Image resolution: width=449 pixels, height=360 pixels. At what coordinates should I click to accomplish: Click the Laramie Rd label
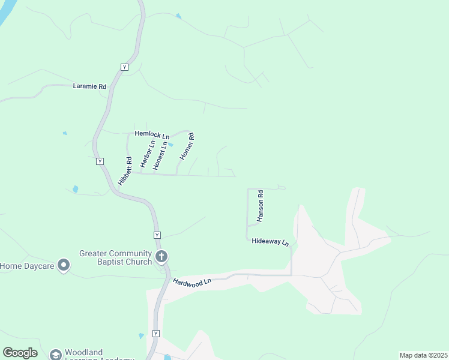coord(89,86)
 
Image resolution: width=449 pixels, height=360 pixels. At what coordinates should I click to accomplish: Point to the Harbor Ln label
coord(147,154)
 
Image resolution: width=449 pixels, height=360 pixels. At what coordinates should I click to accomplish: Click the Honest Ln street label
coord(160,155)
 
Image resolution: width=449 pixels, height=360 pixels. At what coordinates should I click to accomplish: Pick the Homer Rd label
coord(187,146)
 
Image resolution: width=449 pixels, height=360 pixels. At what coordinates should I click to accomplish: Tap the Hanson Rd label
coord(260,206)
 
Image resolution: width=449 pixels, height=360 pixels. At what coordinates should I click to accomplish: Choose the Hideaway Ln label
coord(270,242)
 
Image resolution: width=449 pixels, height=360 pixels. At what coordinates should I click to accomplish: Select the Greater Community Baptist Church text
coord(116,257)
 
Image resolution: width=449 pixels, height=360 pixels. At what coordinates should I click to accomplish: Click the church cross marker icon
coord(161,257)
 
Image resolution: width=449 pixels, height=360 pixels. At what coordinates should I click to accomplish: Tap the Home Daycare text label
coord(27,266)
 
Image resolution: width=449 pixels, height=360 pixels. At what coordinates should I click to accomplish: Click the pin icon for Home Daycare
coord(64,266)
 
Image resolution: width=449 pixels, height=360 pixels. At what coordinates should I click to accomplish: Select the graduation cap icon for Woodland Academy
coord(56,355)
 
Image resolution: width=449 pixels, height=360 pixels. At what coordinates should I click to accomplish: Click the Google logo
coord(20,353)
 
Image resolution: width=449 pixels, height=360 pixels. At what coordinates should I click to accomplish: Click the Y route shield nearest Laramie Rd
coord(124,67)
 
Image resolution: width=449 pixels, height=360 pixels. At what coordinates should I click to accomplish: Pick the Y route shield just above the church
coord(157,235)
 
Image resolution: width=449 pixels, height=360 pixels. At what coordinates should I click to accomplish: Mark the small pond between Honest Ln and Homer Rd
coord(170,145)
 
